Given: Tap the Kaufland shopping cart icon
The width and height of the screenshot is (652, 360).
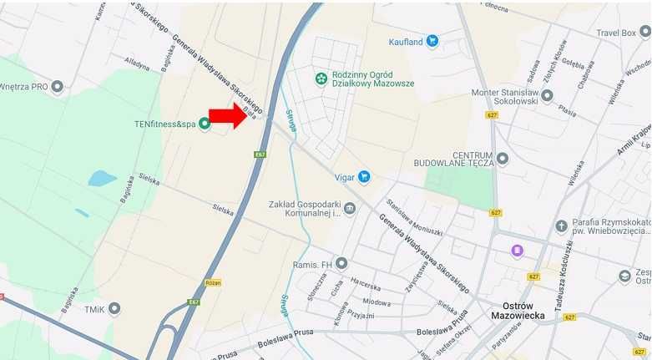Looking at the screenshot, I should pos(432,40).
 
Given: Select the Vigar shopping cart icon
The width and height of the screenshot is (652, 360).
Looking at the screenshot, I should pos(364,177).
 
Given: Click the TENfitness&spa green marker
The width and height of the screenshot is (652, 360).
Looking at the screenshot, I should pos(205,124).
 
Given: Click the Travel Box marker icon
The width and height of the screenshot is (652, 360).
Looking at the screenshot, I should pos(644,32).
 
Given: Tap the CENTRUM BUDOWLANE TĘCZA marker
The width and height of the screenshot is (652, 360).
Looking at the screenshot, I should pos(503,158).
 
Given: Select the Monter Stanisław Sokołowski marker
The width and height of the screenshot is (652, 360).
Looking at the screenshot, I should pos(547,96).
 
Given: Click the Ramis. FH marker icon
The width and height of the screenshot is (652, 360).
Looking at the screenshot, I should pos(341,264).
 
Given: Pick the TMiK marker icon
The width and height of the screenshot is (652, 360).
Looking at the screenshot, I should pos(114,309).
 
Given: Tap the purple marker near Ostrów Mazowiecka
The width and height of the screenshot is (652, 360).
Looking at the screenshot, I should pos(518,251).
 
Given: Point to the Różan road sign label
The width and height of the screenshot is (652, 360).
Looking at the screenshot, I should pos(212,282).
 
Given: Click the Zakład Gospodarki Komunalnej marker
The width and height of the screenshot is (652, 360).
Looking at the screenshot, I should pos(350,208).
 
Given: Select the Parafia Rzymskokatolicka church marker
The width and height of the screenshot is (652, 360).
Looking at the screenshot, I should pos(561,226).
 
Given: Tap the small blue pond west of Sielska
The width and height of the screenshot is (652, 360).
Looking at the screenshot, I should pos(102,178).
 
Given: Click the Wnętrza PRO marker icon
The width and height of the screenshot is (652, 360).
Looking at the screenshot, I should pos(57,86).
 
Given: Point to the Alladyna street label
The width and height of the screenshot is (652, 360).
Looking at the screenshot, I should pos(136,64).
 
